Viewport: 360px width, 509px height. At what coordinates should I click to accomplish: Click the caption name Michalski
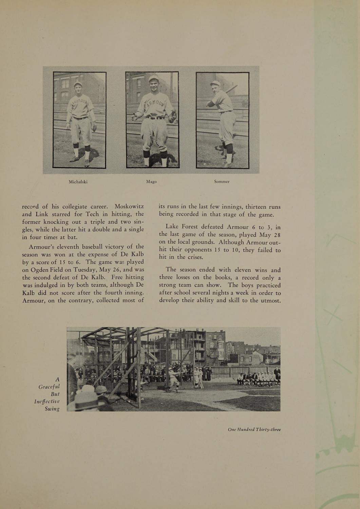[x=78, y=182]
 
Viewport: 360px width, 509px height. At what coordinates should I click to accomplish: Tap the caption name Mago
[x=151, y=182]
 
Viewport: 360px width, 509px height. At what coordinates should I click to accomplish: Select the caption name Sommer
[x=222, y=182]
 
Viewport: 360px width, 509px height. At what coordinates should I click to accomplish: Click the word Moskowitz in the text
[x=129, y=207]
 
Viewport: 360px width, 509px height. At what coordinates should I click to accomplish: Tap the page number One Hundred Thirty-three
[x=254, y=430]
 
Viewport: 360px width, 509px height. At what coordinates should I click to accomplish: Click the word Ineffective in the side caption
[x=47, y=401]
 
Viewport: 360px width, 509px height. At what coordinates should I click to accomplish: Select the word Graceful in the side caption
[x=49, y=387]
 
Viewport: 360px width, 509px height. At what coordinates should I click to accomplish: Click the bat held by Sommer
[x=231, y=89]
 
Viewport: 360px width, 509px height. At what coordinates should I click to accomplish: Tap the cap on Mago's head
[x=154, y=78]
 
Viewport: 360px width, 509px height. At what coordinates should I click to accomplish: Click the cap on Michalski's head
[x=78, y=84]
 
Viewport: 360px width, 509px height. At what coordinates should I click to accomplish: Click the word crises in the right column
[x=195, y=257]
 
